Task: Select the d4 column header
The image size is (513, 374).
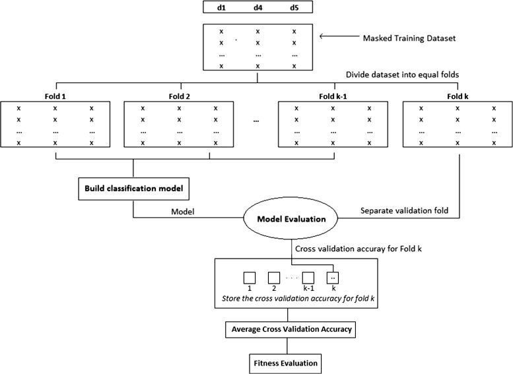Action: [x=257, y=9]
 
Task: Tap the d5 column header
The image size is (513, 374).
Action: [x=294, y=9]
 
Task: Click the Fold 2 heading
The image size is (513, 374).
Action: [x=178, y=96]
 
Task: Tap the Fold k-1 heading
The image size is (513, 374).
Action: [x=331, y=96]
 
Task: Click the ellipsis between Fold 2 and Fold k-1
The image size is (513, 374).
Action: [x=256, y=121]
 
